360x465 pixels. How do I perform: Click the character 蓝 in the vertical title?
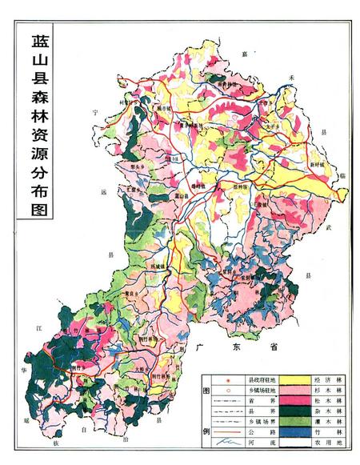tap(38, 42)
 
